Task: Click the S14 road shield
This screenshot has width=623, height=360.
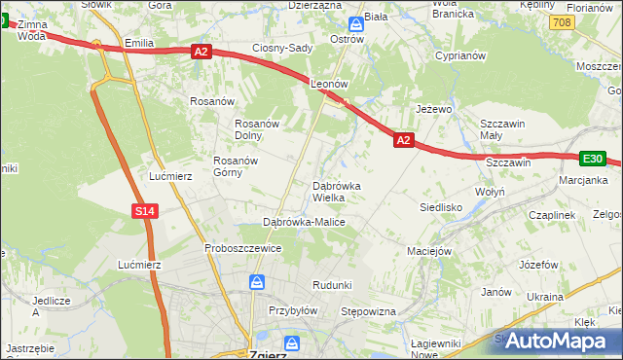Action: click(144, 210)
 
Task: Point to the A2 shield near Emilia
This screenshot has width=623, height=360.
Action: click(201, 51)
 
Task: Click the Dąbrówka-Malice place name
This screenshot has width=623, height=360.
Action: click(304, 223)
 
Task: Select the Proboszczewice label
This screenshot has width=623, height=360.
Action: click(242, 248)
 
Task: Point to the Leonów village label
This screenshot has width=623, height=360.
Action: click(329, 85)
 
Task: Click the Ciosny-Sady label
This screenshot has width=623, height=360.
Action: click(282, 48)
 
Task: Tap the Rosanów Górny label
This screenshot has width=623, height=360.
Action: click(240, 166)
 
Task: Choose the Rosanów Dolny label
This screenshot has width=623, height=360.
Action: click(258, 129)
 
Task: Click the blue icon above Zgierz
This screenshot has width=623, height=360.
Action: click(291, 342)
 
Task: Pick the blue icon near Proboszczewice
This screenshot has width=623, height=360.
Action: click(256, 282)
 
